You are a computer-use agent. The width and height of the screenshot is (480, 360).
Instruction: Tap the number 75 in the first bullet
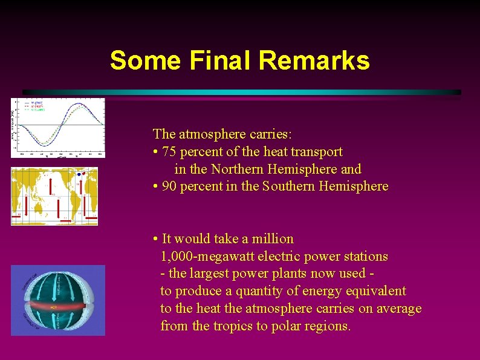point(170,152)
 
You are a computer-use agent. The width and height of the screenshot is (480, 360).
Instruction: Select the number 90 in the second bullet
point(170,186)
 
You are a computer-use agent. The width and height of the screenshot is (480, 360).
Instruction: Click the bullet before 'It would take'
point(156,239)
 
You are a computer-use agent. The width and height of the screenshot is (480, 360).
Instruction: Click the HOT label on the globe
point(54,307)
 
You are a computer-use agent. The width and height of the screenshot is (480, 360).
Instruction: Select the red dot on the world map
point(83,174)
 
